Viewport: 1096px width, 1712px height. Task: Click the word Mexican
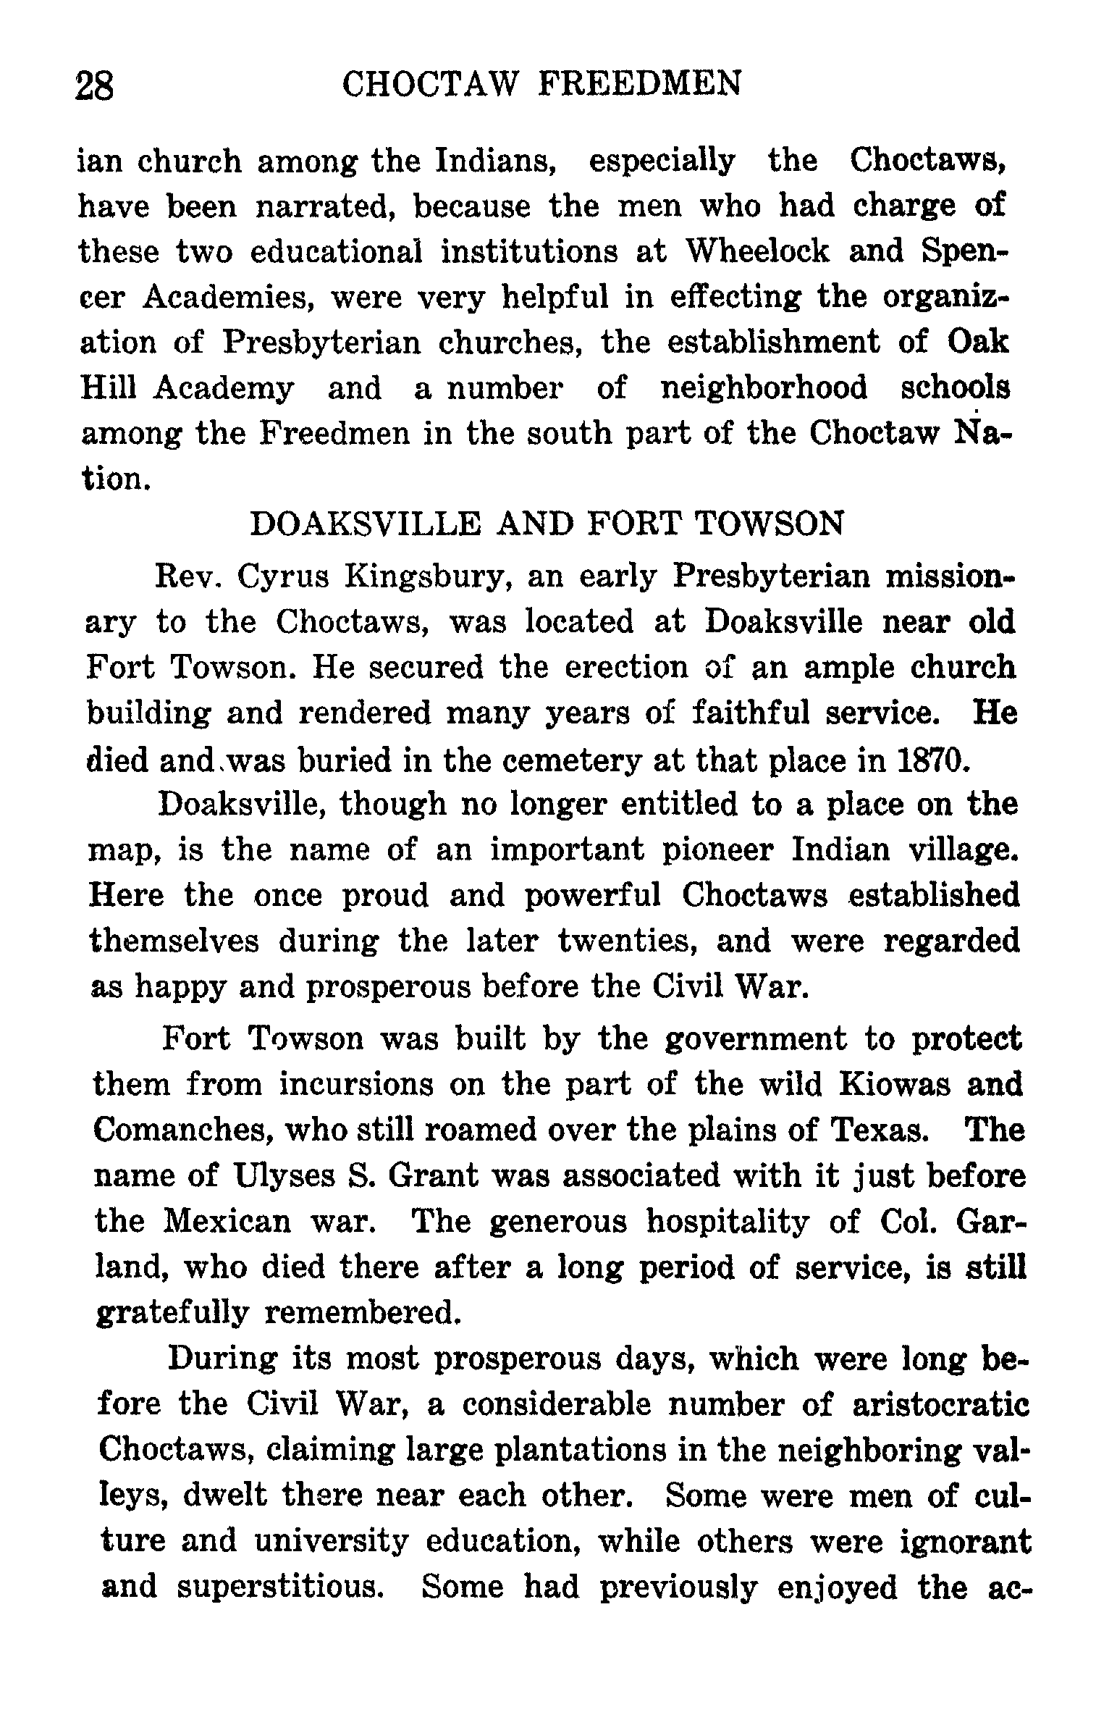pos(228,1222)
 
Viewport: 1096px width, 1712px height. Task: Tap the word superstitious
pos(279,1587)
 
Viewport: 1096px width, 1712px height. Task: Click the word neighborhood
pos(764,387)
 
